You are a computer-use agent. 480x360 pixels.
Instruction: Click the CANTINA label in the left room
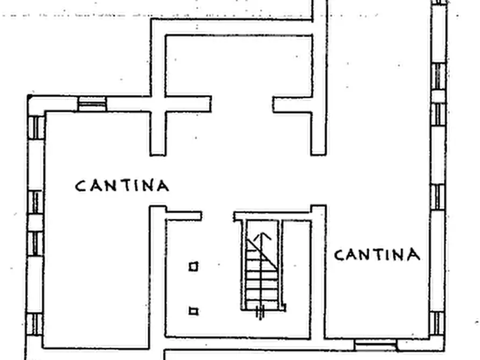click(x=122, y=185)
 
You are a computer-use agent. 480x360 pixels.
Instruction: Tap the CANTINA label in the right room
click(x=377, y=255)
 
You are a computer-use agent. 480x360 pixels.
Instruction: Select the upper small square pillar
click(x=193, y=267)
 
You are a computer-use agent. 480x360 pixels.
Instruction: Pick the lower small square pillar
click(x=193, y=311)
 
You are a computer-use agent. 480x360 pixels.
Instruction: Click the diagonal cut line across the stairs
click(x=262, y=254)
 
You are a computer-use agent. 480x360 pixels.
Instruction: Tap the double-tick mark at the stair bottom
click(x=260, y=313)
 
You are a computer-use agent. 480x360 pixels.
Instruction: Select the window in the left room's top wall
click(x=92, y=104)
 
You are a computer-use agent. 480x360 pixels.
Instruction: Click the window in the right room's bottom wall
click(x=375, y=345)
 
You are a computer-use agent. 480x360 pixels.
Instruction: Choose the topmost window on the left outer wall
click(x=36, y=128)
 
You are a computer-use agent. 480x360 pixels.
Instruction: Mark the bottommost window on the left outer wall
click(x=34, y=325)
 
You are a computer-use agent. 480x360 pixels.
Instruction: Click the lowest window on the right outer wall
click(x=436, y=323)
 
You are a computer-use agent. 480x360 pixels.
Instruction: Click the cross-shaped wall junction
click(x=158, y=104)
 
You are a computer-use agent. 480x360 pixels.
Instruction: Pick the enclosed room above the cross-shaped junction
click(x=239, y=66)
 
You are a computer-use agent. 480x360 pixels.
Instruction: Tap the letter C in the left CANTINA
click(x=80, y=186)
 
